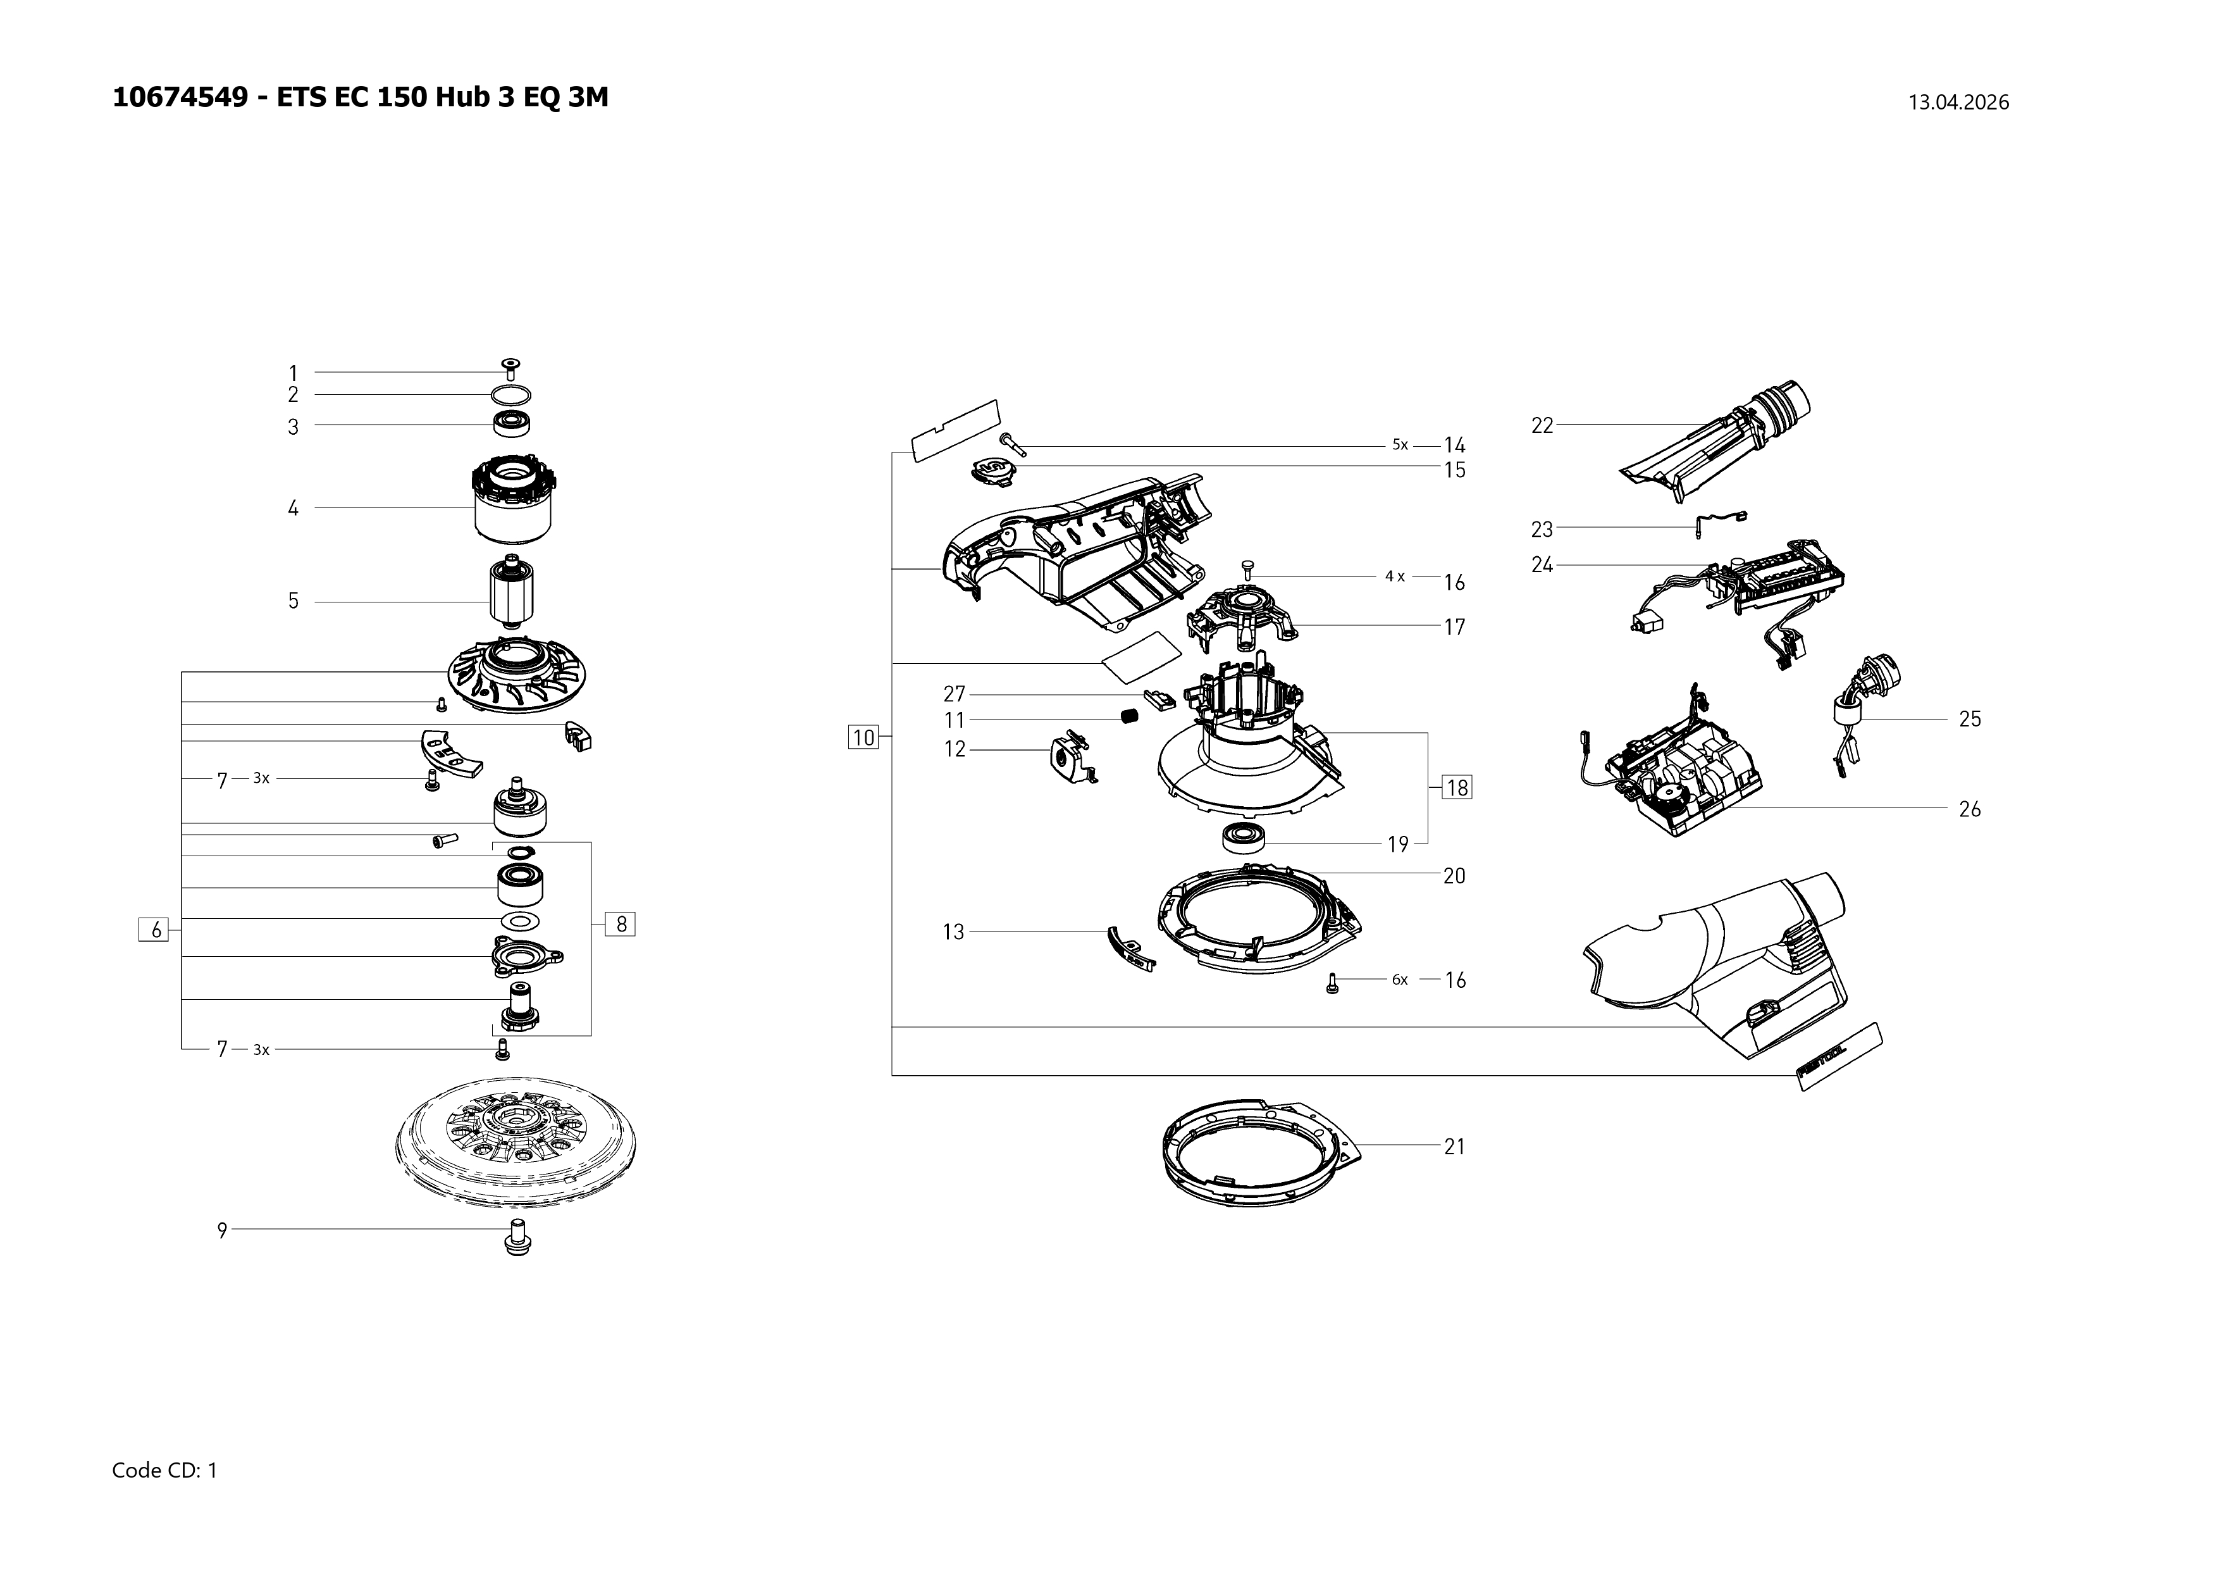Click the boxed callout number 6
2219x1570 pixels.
154,930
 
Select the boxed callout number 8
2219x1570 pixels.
621,924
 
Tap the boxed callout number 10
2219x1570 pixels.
863,738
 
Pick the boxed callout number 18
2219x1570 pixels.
1457,788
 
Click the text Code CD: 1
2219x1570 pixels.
164,1471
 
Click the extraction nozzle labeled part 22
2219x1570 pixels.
1721,443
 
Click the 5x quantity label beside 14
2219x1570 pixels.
1399,445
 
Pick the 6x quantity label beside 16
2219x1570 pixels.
1399,980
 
